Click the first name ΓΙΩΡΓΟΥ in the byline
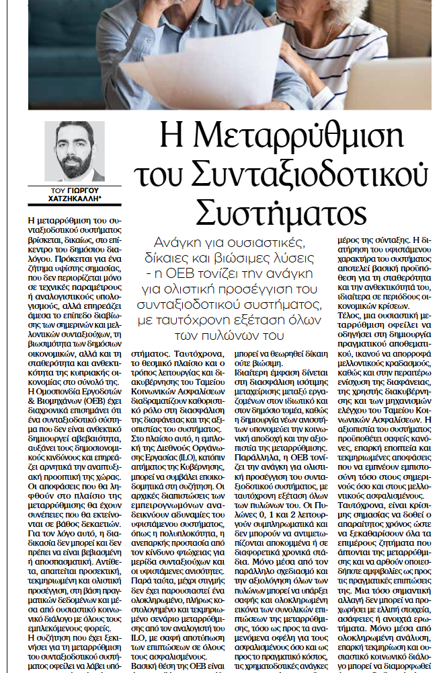pyautogui.click(x=85, y=191)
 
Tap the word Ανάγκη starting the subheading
pyautogui.click(x=178, y=242)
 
